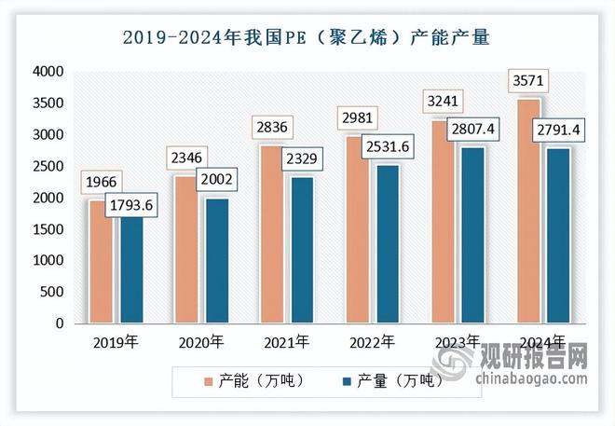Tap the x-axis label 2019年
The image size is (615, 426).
[x=116, y=342]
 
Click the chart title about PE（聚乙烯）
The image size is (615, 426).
[x=307, y=37]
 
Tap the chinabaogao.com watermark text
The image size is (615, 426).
[x=532, y=378]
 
